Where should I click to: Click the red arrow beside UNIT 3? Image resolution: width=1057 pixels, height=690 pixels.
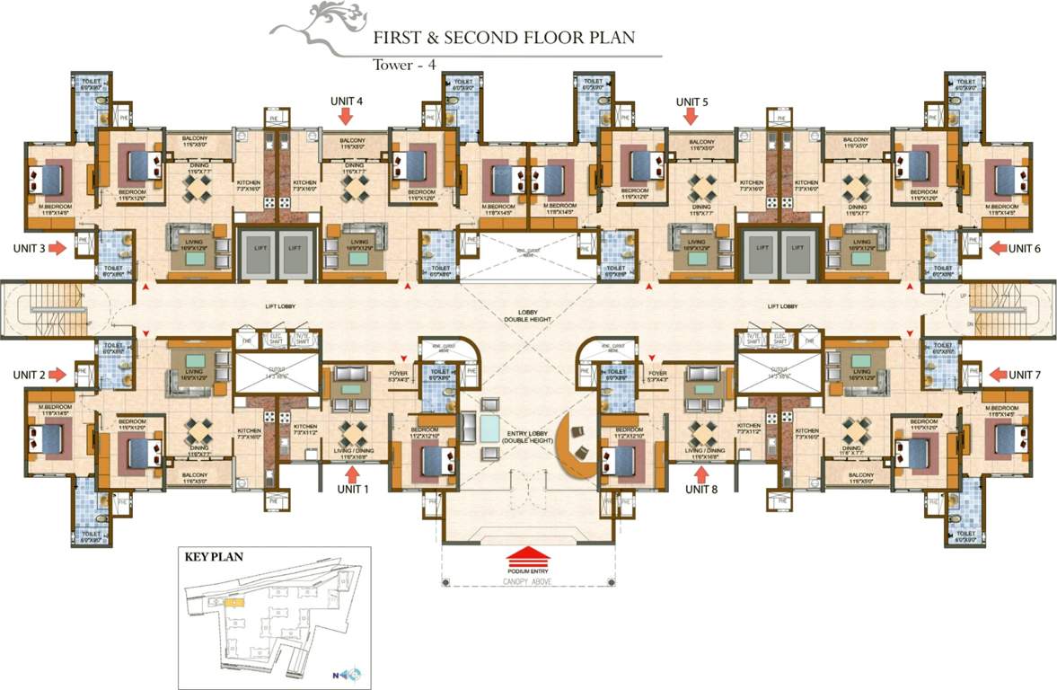56,248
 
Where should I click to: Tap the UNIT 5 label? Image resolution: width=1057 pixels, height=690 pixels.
691,102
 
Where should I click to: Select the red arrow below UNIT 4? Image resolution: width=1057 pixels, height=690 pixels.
346,118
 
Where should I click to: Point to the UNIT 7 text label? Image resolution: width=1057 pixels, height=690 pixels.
1024,375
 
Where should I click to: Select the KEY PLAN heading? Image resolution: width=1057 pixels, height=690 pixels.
214,557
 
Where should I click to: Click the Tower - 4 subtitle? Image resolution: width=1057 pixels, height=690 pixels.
402,65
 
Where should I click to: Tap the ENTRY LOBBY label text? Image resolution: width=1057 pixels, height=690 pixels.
526,436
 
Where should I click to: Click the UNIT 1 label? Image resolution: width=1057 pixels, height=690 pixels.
352,490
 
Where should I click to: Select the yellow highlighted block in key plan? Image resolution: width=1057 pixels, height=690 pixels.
234,602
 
